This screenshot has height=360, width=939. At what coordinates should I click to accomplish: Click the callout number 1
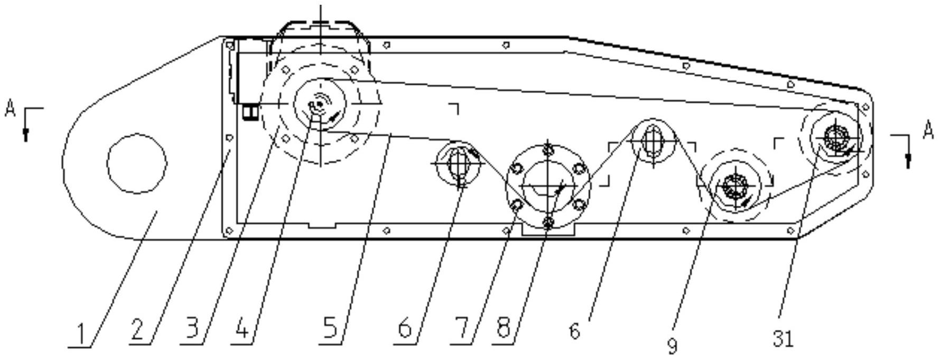(x=81, y=334)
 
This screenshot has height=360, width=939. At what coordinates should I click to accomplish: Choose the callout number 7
(x=461, y=330)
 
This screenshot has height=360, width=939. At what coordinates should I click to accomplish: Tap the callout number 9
(x=672, y=346)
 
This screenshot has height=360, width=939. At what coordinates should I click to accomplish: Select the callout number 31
(x=784, y=339)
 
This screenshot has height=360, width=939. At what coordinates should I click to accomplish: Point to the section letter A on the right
(x=928, y=130)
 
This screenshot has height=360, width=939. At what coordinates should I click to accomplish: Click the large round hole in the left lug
(x=137, y=163)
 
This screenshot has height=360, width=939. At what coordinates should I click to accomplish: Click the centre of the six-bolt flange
(x=548, y=186)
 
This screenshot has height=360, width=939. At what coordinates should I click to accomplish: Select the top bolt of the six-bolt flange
(x=548, y=149)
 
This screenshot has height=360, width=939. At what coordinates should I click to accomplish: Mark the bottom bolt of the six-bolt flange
(x=548, y=223)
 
